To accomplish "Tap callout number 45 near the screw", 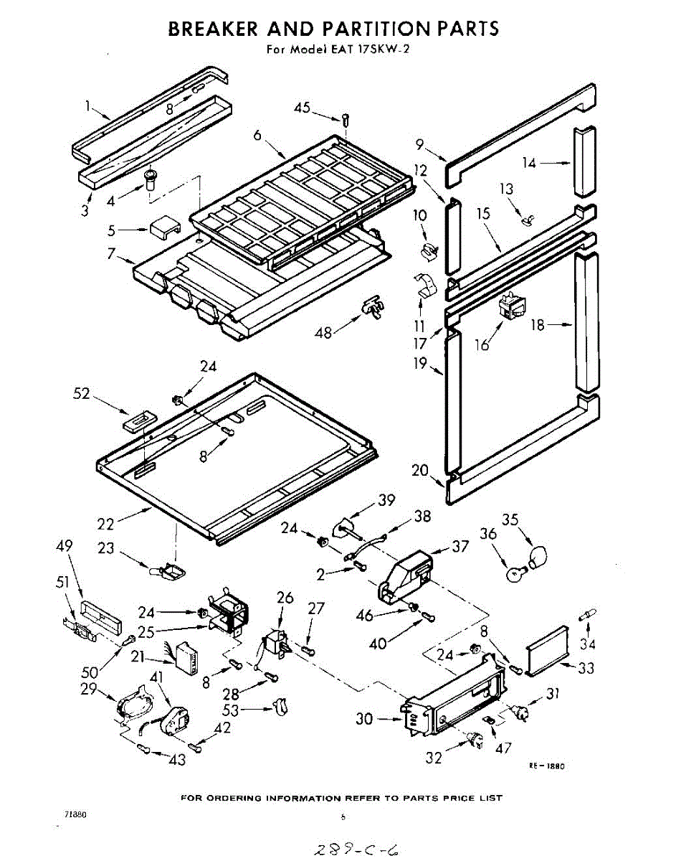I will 302,108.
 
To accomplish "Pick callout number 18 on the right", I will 537,325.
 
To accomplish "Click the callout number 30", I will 365,717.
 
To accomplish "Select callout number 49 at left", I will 64,547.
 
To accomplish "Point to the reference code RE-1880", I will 547,766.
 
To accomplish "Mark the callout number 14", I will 529,164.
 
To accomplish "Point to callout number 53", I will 249,710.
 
